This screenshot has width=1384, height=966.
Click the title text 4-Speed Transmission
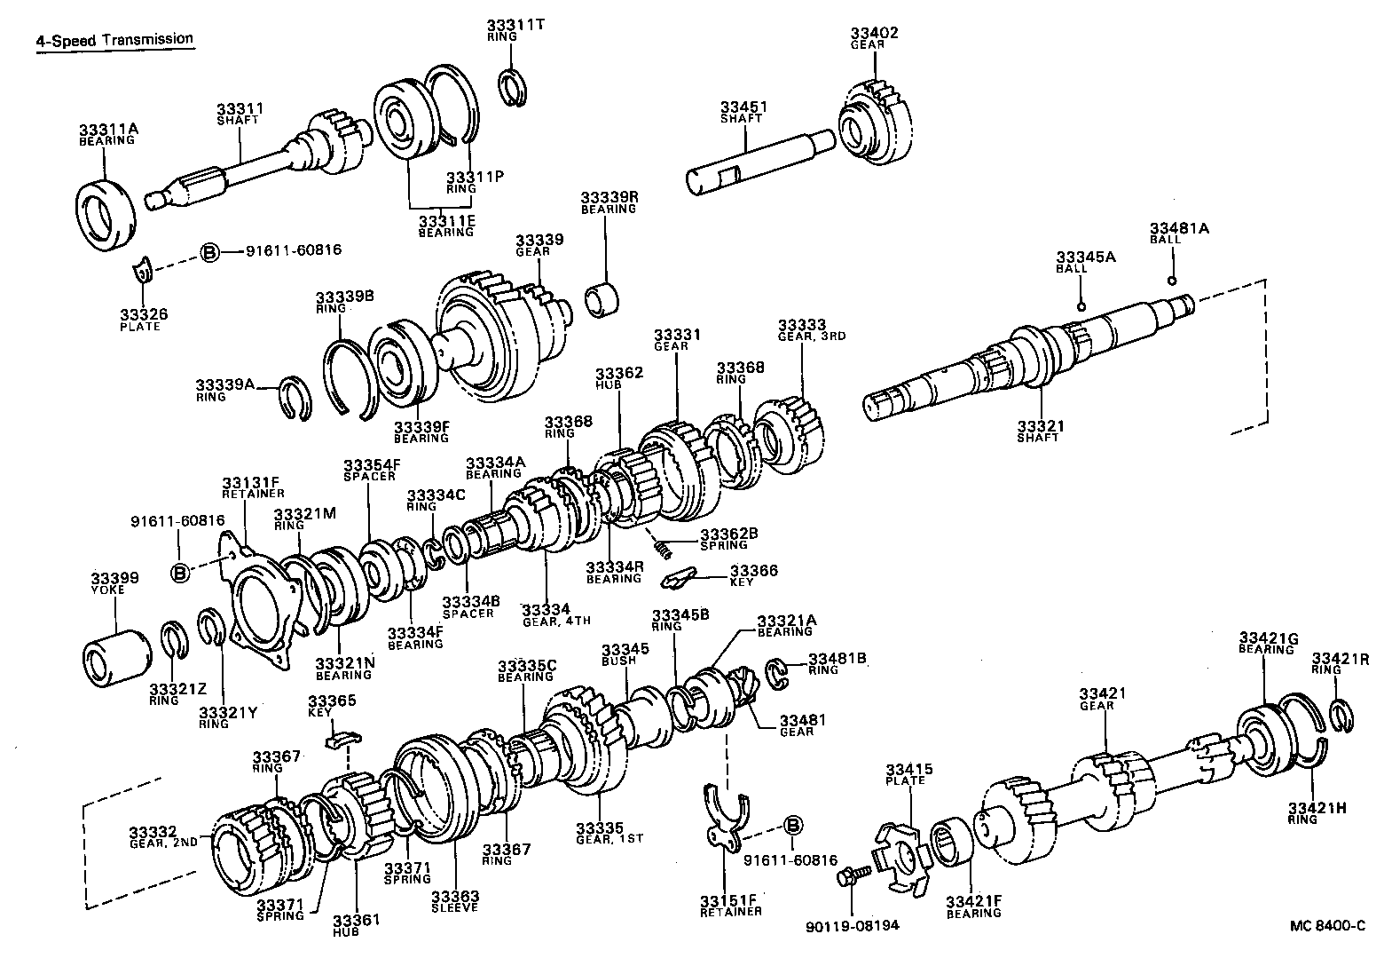point(114,40)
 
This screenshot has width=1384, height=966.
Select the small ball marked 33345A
point(1081,306)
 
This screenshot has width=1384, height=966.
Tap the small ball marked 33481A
point(1172,281)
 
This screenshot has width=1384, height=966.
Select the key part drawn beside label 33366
point(680,579)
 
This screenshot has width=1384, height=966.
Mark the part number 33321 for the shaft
point(1040,426)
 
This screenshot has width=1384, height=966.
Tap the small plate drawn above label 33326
point(143,271)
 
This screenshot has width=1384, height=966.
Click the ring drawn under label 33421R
point(1341,716)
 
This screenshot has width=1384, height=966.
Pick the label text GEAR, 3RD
point(803,337)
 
